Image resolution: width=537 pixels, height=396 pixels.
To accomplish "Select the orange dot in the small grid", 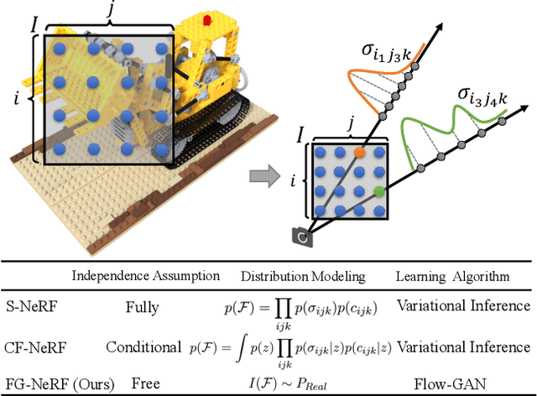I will click(359, 154).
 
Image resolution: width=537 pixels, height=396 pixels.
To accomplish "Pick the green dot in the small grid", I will click(379, 193).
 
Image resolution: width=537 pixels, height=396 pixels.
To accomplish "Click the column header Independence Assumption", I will click(146, 276).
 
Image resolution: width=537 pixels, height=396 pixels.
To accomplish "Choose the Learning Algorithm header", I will click(454, 276).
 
